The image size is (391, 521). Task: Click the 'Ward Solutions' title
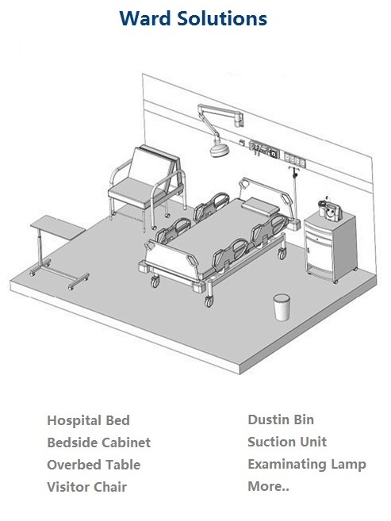tap(193, 18)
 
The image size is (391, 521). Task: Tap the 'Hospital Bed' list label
tap(88, 420)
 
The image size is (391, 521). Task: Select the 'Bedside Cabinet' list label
tap(99, 442)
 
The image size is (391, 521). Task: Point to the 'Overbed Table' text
tap(94, 465)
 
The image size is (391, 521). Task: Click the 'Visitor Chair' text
tap(87, 487)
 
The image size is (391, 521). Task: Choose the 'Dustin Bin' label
tap(281, 419)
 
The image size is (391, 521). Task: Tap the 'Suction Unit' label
tap(287, 442)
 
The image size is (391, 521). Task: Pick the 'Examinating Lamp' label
tap(307, 464)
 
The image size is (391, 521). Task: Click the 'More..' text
tap(268, 486)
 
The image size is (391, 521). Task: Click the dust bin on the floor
tap(282, 308)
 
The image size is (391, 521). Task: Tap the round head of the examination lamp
tap(219, 149)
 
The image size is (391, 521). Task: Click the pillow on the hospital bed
tap(260, 205)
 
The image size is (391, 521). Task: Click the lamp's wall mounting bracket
tap(239, 119)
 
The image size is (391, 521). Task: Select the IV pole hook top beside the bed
tap(293, 170)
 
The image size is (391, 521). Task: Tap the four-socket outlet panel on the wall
tap(295, 159)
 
